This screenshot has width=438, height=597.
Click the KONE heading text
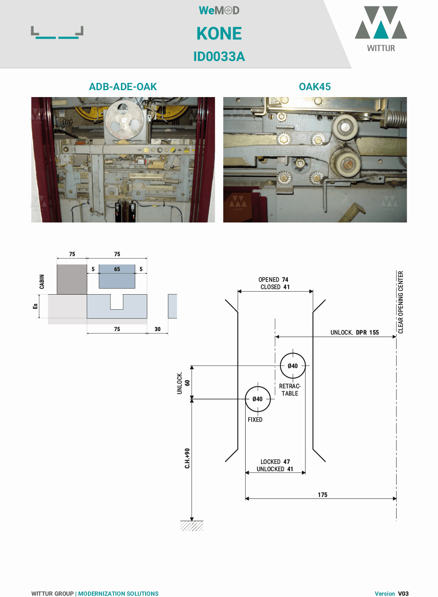219,34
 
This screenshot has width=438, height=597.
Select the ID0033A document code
219,57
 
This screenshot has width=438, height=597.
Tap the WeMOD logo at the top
219,11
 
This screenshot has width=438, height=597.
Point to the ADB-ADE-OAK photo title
123,87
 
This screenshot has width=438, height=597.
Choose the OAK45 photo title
315,87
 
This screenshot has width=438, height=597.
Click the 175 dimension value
322,495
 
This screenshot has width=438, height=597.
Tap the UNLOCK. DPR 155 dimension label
355,332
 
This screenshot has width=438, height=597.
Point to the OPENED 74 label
274,280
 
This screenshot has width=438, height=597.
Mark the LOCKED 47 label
275,462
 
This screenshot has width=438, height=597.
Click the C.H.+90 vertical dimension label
187,458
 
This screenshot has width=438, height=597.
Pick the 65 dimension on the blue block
117,269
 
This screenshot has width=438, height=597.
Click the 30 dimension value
158,329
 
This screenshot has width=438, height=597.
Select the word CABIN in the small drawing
42,282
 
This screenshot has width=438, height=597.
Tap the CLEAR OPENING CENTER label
401,302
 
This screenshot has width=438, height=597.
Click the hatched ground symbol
192,526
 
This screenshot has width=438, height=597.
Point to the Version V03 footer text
391,594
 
